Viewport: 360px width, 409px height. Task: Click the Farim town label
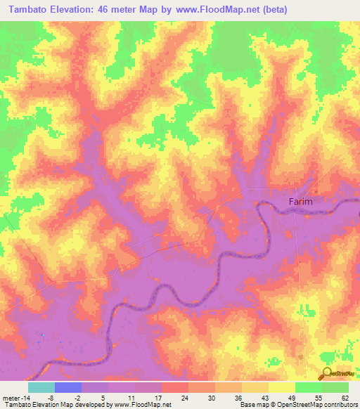coord(300,201)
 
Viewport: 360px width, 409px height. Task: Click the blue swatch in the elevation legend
coord(67,387)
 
